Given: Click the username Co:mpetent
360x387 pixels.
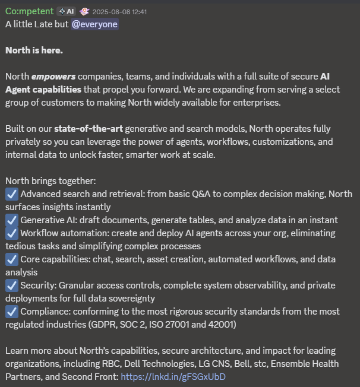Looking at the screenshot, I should coord(29,11).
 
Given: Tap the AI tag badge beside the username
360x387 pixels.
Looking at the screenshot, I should coord(65,11).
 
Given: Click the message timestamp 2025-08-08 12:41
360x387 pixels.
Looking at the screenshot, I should coord(121,11).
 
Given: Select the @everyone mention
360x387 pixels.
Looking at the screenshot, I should coord(94,24).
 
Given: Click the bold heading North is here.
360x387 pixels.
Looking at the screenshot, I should coord(34,50).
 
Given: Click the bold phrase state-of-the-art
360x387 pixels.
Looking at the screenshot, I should coord(89,128).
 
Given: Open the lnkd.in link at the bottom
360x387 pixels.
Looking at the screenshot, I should coord(173,376).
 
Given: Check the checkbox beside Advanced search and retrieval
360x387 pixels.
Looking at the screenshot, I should coord(12,194).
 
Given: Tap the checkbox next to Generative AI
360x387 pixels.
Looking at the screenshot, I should coord(12,220).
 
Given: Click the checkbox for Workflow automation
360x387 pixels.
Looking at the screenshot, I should coord(12,233).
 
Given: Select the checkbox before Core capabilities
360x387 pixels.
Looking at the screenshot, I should coord(12,259).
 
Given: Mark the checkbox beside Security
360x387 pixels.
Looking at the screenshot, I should coord(12,285).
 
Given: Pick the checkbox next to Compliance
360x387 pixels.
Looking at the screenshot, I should coord(12,311).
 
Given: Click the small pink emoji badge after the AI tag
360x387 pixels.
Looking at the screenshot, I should coord(85,11).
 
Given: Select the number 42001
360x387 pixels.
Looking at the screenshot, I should coord(221,325).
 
